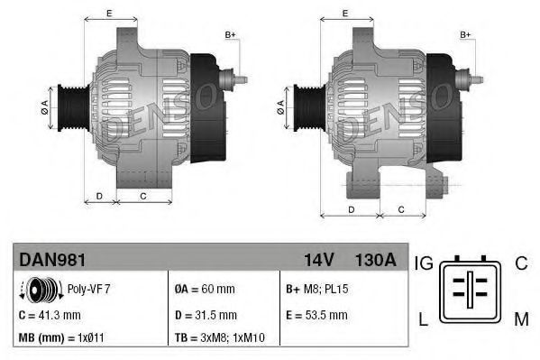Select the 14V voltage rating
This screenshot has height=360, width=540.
pyautogui.click(x=318, y=260)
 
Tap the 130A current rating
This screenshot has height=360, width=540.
pyautogui.click(x=376, y=260)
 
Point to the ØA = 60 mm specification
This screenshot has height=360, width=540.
pyautogui.click(x=204, y=290)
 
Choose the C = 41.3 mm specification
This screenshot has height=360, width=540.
pyautogui.click(x=50, y=315)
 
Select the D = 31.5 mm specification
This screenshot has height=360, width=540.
pyautogui.click(x=205, y=315)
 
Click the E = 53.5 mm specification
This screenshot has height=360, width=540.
pyautogui.click(x=316, y=315)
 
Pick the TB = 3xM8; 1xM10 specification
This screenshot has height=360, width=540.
pyautogui.click(x=219, y=339)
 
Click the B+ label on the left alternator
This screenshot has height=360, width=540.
pyautogui.click(x=231, y=34)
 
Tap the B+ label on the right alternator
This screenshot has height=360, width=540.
pyautogui.click(x=466, y=34)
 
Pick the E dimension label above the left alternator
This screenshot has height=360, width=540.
pyautogui.click(x=109, y=14)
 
